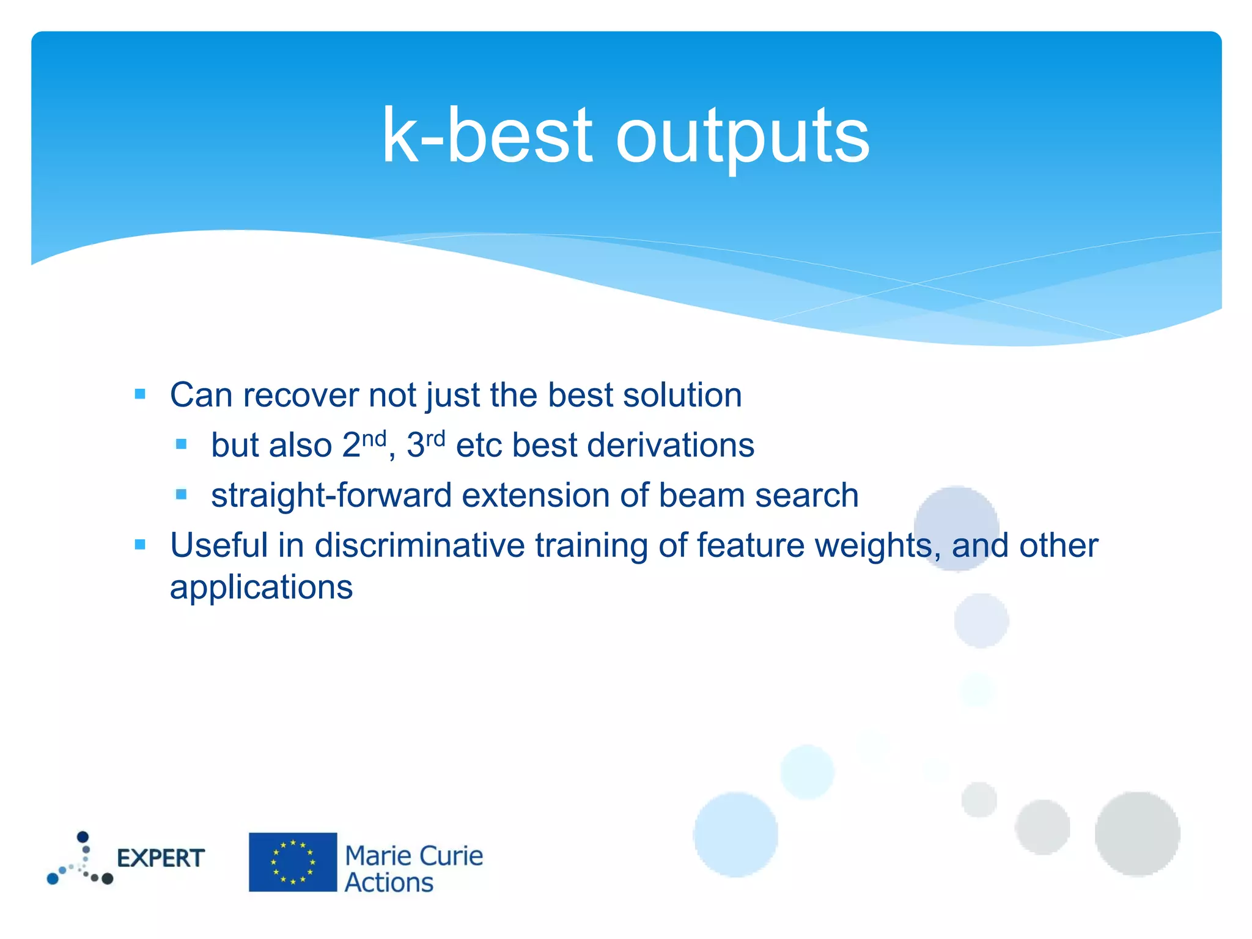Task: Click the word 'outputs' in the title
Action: [742, 136]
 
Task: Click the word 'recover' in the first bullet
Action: [300, 396]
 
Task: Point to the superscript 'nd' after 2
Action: [374, 438]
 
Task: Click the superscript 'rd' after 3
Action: [435, 438]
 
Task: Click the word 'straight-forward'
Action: [331, 495]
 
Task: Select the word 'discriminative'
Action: [419, 545]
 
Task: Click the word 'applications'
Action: [261, 587]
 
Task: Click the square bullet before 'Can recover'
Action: [140, 394]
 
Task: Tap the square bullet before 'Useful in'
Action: [140, 544]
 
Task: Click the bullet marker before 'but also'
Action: [181, 444]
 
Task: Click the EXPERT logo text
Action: [161, 858]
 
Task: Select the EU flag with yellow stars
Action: [293, 862]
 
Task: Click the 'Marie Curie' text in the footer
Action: [414, 856]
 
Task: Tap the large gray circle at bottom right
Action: [1137, 834]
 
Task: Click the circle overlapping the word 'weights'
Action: [957, 529]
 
